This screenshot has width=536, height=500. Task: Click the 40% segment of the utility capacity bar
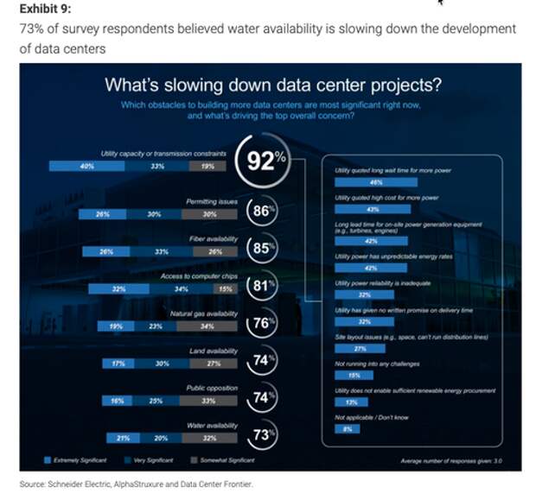86,165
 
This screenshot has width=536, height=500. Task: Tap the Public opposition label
212,389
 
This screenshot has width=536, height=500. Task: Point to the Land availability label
214,351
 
